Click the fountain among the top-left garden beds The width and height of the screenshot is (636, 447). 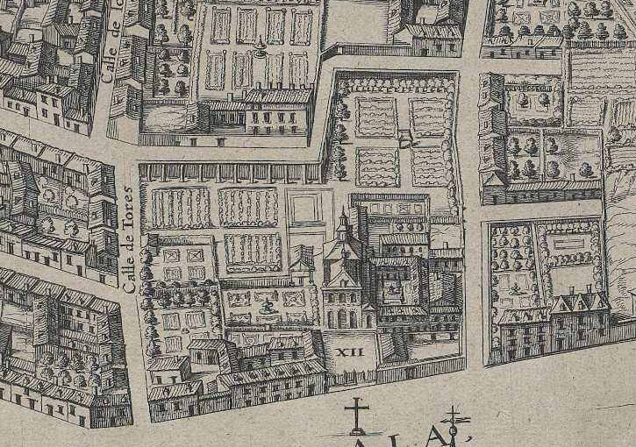(261, 51)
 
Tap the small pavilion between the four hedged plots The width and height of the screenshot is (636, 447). (404, 138)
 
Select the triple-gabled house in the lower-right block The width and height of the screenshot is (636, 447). (578, 311)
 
